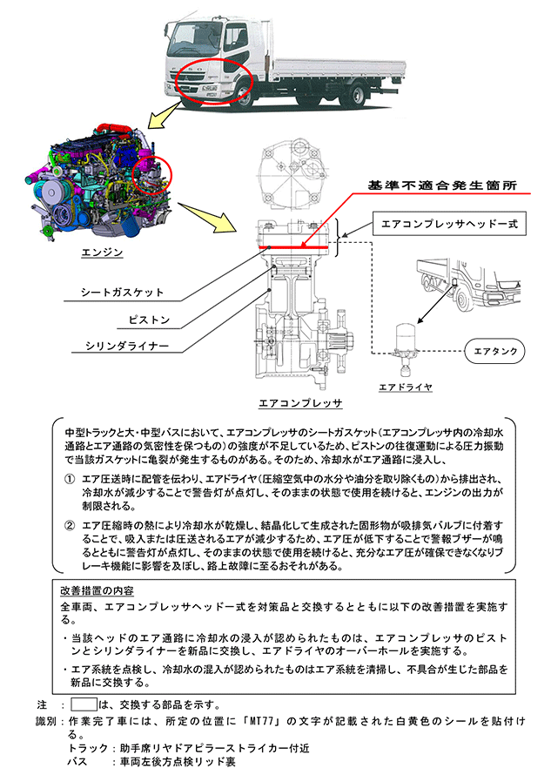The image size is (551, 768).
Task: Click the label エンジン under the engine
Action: click(103, 253)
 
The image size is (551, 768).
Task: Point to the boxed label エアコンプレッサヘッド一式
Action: click(450, 224)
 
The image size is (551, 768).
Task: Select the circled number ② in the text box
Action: click(70, 525)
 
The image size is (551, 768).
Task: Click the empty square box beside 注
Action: click(84, 703)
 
